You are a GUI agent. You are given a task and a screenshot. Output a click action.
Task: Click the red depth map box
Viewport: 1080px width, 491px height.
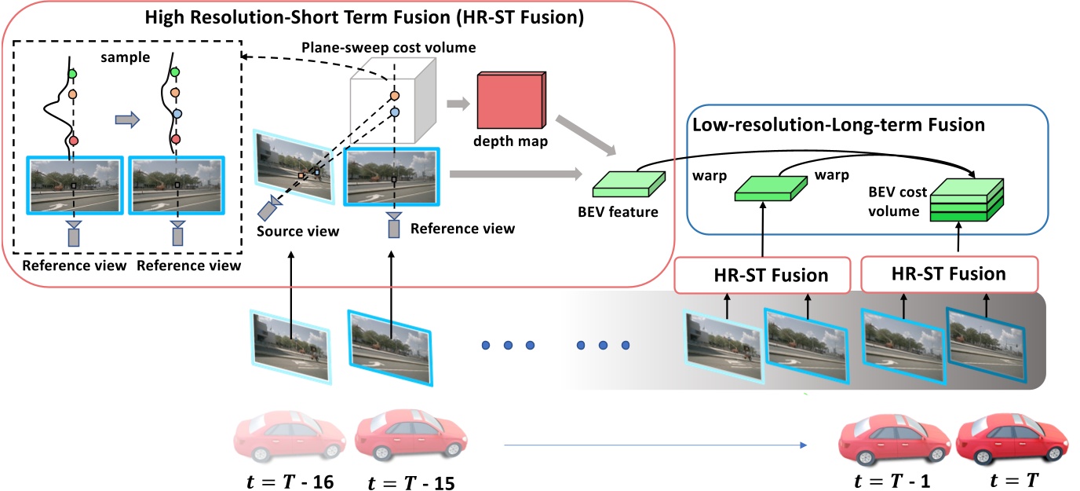click(511, 101)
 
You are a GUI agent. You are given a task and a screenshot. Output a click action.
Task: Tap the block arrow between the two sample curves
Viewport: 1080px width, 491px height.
click(126, 119)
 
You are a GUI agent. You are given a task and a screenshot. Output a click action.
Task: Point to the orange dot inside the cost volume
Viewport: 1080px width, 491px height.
click(395, 96)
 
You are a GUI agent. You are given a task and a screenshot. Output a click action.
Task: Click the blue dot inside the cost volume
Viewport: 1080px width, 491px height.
click(395, 112)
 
